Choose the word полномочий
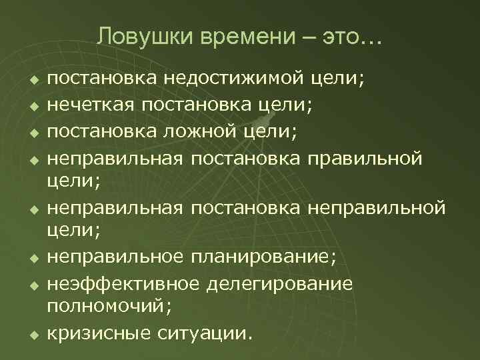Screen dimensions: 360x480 point(107,306)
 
